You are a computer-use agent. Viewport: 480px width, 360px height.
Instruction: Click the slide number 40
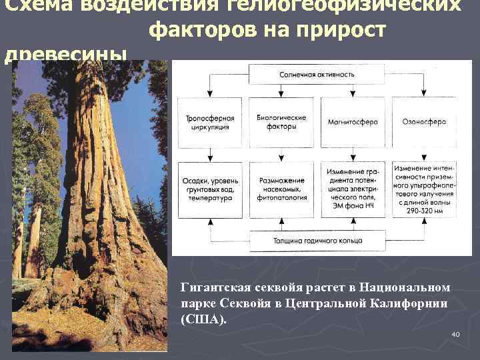tap(456, 334)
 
